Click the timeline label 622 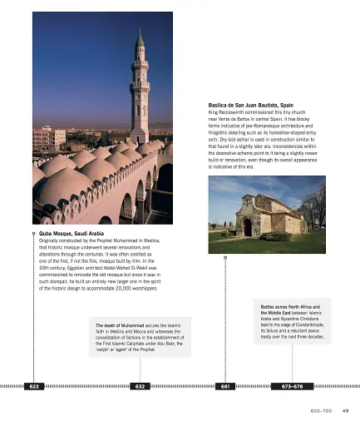(x=33, y=387)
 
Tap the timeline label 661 (x=224, y=387)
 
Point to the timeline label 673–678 (x=293, y=387)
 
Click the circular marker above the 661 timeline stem (x=224, y=256)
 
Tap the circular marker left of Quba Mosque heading (x=33, y=234)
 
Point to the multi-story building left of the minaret (x=49, y=137)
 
